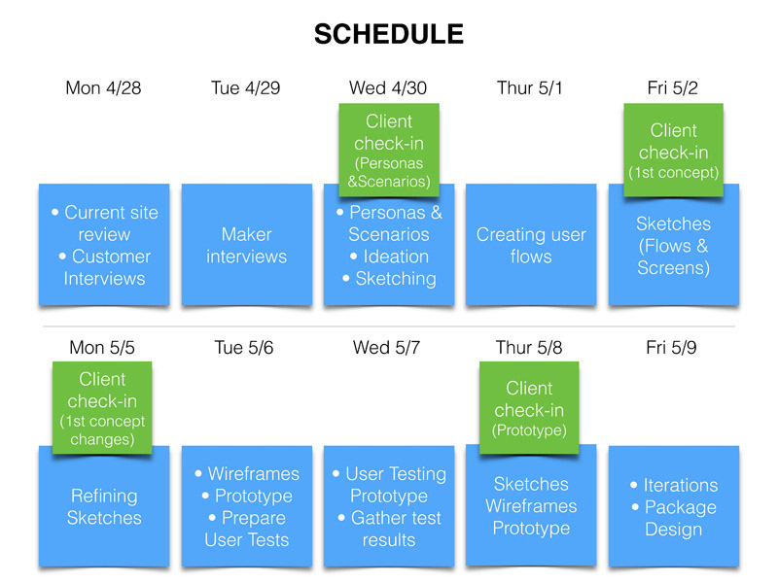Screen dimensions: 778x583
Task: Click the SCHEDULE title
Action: click(389, 34)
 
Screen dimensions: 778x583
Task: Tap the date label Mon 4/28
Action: click(103, 87)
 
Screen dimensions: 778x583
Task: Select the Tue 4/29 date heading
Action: click(246, 87)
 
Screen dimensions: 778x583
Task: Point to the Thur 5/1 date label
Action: click(529, 87)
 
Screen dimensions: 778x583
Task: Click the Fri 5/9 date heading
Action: click(671, 348)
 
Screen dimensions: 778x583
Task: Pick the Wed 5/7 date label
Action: click(386, 348)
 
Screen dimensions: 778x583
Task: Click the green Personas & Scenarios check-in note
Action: click(389, 150)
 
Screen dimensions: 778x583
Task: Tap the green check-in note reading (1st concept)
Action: click(673, 150)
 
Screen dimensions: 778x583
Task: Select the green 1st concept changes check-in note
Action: click(102, 407)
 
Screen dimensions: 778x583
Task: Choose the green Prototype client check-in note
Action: click(529, 407)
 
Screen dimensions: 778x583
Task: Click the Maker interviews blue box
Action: click(247, 245)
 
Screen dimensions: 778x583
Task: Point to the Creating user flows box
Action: click(531, 245)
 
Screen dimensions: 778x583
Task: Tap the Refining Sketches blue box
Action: click(104, 505)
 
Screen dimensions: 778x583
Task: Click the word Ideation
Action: click(396, 257)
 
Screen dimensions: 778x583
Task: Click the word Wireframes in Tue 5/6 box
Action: click(254, 473)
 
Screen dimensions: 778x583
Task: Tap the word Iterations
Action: click(681, 485)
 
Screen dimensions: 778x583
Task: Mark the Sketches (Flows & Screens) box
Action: click(674, 245)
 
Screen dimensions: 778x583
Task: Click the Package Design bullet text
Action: click(675, 518)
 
